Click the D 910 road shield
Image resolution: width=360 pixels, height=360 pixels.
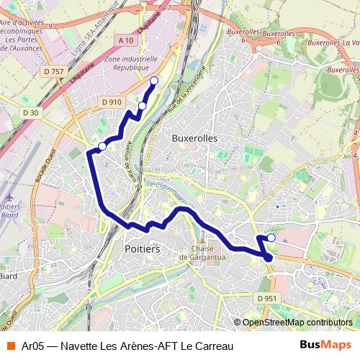112,102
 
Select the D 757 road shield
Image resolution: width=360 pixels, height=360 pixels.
53,71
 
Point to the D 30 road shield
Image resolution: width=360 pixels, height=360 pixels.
30,113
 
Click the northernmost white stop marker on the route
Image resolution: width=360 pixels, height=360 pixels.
153,81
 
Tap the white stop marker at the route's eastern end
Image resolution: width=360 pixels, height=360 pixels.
271,237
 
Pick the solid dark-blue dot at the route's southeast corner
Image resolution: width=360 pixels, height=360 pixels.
268,256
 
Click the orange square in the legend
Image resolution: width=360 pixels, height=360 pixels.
10,346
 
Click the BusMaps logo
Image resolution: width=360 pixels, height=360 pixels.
326,346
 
